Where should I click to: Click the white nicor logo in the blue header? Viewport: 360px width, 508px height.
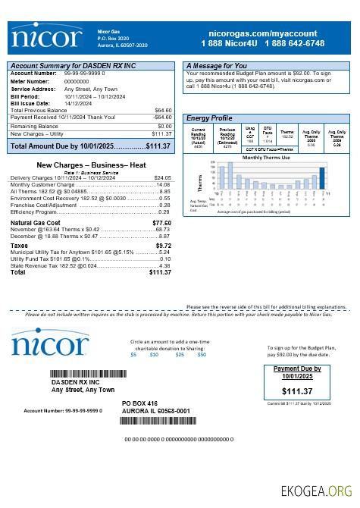[47, 39]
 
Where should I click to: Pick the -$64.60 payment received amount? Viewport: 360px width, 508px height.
[162, 118]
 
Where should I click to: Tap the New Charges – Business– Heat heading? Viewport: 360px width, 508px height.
[91, 165]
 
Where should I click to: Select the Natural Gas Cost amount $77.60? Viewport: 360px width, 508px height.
[161, 223]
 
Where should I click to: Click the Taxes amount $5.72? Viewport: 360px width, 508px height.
[163, 246]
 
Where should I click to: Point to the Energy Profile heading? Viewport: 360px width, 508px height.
[209, 119]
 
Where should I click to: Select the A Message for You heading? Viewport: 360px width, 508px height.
[217, 66]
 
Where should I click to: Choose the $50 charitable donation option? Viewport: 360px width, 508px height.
[202, 355]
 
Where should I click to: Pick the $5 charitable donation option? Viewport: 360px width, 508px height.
[134, 355]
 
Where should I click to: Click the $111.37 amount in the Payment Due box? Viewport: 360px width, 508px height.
[296, 391]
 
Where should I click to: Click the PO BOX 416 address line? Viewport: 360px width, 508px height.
[139, 403]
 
